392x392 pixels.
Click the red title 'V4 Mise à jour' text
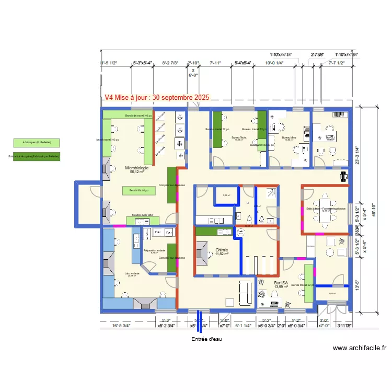pyautogui.click(x=156, y=97)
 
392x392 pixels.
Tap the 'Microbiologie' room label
pyautogui.click(x=136, y=168)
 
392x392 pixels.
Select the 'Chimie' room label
pyautogui.click(x=222, y=250)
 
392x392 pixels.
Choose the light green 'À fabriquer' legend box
pyautogui.click(x=37, y=142)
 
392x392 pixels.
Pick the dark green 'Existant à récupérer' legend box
pyautogui.click(x=37, y=156)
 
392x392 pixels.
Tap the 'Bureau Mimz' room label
pyautogui.click(x=290, y=138)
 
